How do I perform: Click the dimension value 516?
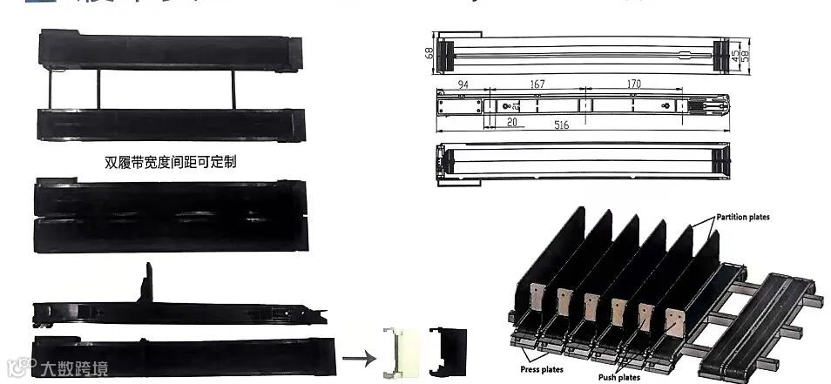tap(561, 125)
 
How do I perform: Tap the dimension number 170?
tap(633, 84)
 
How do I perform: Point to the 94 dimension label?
tap(463, 84)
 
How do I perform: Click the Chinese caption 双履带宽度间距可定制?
tap(170, 161)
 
